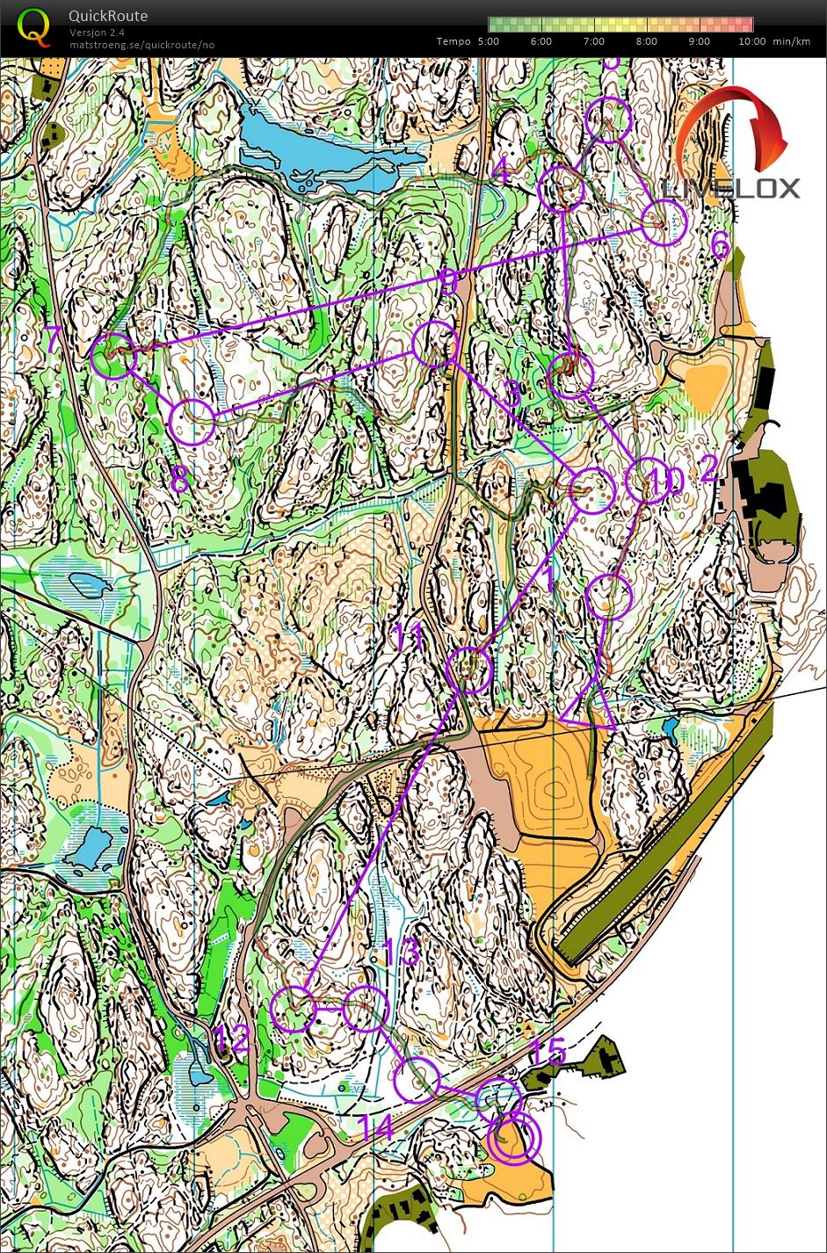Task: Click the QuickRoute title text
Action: pos(108,16)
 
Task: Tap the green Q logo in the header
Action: pos(34,26)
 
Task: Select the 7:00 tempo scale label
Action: pos(594,41)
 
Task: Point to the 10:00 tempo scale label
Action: pos(751,41)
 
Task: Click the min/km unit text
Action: pos(792,41)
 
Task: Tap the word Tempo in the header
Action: pos(453,41)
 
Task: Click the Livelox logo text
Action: pos(731,188)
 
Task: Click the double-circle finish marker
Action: pos(515,1140)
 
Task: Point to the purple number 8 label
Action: pos(178,480)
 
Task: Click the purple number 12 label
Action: pos(232,1040)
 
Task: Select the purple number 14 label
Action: pos(376,1127)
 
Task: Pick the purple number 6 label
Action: pos(720,246)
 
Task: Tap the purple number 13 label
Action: pos(403,953)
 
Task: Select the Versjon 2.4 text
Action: pos(97,33)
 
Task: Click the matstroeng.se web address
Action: pos(141,45)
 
